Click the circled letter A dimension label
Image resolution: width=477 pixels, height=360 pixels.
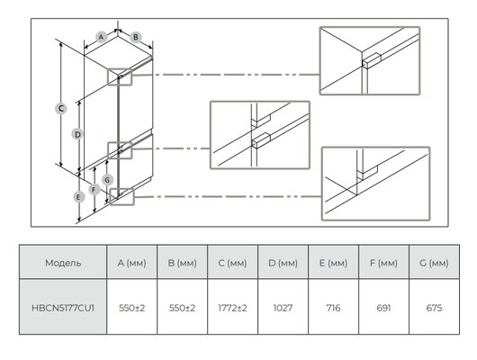pos(101,37)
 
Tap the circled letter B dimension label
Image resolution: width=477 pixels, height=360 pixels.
pos(136,37)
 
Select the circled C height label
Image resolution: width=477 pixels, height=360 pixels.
pos(61,109)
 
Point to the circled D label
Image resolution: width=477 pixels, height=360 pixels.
pos(77,134)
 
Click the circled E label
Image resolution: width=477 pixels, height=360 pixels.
pos(78,197)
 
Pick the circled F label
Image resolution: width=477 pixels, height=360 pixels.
pos(94,190)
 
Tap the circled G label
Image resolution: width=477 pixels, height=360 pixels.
pos(107,180)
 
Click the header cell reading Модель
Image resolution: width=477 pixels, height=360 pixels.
pos(63,263)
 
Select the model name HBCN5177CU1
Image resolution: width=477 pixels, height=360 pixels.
pos(63,308)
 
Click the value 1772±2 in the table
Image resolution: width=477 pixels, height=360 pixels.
pos(232,308)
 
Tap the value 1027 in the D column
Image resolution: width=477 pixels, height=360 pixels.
pos(283,308)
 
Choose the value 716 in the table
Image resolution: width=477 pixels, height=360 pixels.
pos(333,308)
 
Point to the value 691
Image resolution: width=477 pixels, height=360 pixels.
pos(383,308)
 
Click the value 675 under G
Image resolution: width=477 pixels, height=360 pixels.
pos(434,308)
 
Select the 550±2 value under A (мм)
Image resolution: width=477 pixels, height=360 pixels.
pos(131,308)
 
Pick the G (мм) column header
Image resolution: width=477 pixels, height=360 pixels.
pos(434,263)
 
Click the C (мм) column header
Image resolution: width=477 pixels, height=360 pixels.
pos(232,263)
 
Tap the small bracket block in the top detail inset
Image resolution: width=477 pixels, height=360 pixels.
pos(372,60)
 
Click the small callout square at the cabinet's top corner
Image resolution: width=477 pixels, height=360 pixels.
pos(120,77)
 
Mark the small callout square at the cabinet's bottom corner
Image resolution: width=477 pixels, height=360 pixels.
pos(122,196)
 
